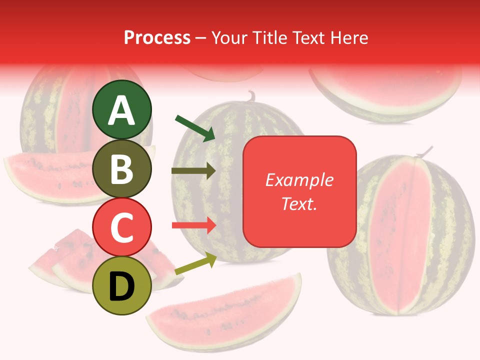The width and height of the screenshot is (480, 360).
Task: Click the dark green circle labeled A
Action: point(122,109)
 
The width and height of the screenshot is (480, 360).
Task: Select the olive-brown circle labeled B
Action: point(122,168)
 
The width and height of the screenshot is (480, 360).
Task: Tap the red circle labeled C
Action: point(122,227)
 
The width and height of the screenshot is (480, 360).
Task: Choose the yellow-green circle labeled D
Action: point(122,286)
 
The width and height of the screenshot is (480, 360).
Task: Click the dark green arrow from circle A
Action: point(195,127)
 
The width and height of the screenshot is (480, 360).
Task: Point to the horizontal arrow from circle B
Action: point(193,171)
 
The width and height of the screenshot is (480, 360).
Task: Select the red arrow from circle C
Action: point(193,225)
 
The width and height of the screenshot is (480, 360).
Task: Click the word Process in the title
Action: point(157,37)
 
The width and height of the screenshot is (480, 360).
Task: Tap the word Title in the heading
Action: point(269,37)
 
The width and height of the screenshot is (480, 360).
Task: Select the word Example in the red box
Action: point(299,180)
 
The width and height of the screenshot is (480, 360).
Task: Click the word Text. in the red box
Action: point(299,204)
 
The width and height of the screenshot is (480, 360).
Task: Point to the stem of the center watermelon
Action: point(251,95)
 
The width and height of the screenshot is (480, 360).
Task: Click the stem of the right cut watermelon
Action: point(426,151)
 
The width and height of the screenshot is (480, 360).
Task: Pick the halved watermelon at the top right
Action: point(385,92)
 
